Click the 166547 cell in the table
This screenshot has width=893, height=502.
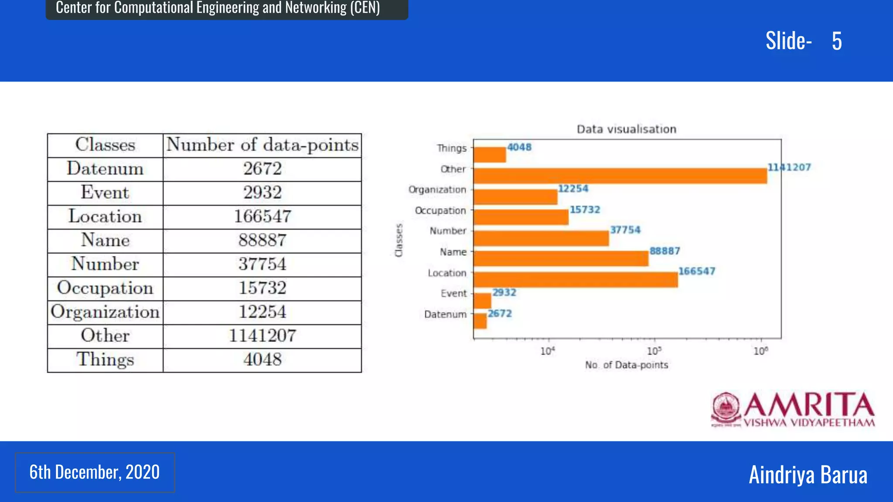pos(262,217)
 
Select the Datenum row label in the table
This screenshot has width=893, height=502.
pos(105,169)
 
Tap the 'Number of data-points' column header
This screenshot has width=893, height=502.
pos(262,145)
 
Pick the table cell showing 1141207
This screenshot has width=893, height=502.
pos(262,336)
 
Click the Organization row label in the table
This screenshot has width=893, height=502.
pos(105,312)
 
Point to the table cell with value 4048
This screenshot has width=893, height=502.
pos(262,360)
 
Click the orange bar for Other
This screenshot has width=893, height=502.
pos(619,176)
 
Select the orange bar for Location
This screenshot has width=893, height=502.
pos(576,280)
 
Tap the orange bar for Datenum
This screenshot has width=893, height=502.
pos(480,321)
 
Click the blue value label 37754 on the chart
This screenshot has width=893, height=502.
pos(625,230)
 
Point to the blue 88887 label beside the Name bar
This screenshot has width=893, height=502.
pos(665,251)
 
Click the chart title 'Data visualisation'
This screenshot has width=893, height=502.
pos(626,129)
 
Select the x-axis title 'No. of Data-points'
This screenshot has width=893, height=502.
pos(626,365)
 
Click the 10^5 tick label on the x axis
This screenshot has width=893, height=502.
pos(654,351)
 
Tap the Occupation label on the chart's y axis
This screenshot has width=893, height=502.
pos(440,211)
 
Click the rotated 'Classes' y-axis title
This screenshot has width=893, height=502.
pos(399,240)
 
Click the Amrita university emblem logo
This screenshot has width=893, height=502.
pos(726,409)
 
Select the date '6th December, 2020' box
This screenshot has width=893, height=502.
pos(95,472)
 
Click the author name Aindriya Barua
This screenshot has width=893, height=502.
pos(808,475)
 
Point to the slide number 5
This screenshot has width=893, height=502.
pos(836,41)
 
